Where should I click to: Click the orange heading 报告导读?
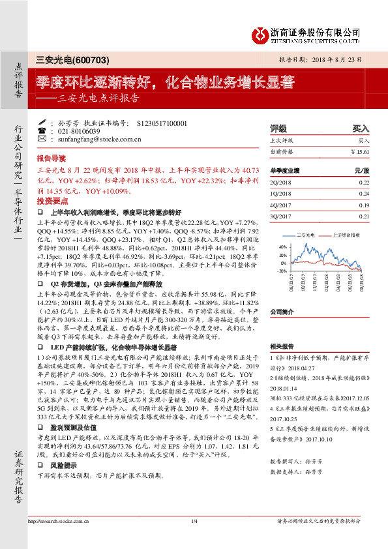coord(51,158)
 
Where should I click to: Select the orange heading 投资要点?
coord(51,202)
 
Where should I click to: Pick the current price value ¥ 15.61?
coord(359,151)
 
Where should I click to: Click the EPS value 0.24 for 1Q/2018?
coord(364,194)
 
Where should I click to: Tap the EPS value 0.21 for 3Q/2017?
coord(364,216)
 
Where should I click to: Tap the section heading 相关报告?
coord(282,346)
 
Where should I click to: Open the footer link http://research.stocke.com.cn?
coord(58,520)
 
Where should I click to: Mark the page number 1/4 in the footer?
coord(194,520)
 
